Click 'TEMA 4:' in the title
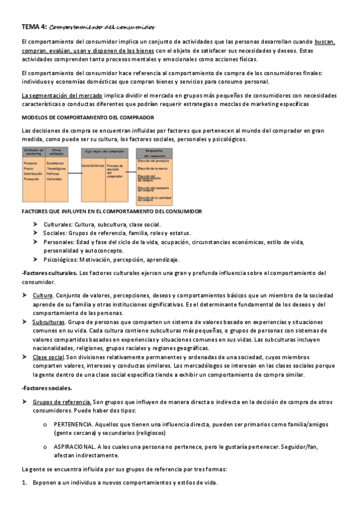point(34,26)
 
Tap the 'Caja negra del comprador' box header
point(105,153)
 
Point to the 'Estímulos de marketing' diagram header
point(32,153)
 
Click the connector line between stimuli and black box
point(74,173)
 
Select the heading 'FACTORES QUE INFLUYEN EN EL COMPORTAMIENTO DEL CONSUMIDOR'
point(112,211)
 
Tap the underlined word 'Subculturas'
point(49,322)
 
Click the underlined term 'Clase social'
point(48,357)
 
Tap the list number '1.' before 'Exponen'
point(24,484)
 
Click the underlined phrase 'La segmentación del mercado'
point(61,95)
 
